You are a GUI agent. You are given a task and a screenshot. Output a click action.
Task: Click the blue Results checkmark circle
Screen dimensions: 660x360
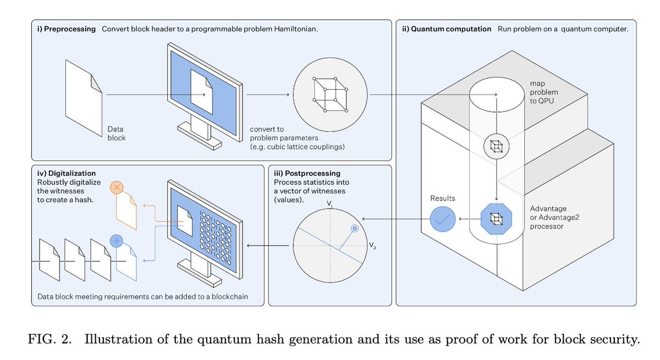(443, 219)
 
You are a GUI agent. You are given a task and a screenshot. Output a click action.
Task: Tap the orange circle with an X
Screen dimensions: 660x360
(117, 187)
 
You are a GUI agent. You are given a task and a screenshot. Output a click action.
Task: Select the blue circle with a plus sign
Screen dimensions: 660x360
(117, 241)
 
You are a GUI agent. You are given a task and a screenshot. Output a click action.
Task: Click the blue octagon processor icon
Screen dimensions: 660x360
(497, 219)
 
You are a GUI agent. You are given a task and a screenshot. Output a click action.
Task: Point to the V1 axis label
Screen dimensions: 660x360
(329, 204)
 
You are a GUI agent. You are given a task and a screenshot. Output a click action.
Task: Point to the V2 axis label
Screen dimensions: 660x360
(372, 245)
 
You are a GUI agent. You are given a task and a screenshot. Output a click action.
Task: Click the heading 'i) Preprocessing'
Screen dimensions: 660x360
(67, 29)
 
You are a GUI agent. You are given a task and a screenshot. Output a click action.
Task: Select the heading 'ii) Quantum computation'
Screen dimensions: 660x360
(447, 29)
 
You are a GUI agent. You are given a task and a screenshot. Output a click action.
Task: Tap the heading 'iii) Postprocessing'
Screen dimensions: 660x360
(307, 173)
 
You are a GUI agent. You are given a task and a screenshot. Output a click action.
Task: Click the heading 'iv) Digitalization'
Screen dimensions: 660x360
(67, 173)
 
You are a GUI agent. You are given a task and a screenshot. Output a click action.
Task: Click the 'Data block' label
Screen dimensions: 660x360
(117, 134)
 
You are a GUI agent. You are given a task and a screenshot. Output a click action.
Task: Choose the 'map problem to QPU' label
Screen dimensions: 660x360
(543, 92)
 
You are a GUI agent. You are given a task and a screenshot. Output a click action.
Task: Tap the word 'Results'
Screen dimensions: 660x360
(443, 198)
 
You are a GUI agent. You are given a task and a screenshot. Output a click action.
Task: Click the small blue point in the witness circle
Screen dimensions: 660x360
(355, 229)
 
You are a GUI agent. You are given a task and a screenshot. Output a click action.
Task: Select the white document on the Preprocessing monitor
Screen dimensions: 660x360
(201, 92)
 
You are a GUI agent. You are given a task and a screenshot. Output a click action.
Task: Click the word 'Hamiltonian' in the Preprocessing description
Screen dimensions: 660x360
(296, 29)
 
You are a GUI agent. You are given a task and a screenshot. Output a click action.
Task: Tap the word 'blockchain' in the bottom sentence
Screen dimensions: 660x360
(229, 296)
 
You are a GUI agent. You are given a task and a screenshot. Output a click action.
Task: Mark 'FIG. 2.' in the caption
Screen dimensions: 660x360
(50, 339)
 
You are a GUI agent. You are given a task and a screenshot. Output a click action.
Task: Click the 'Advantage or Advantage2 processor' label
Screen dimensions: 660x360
(554, 217)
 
